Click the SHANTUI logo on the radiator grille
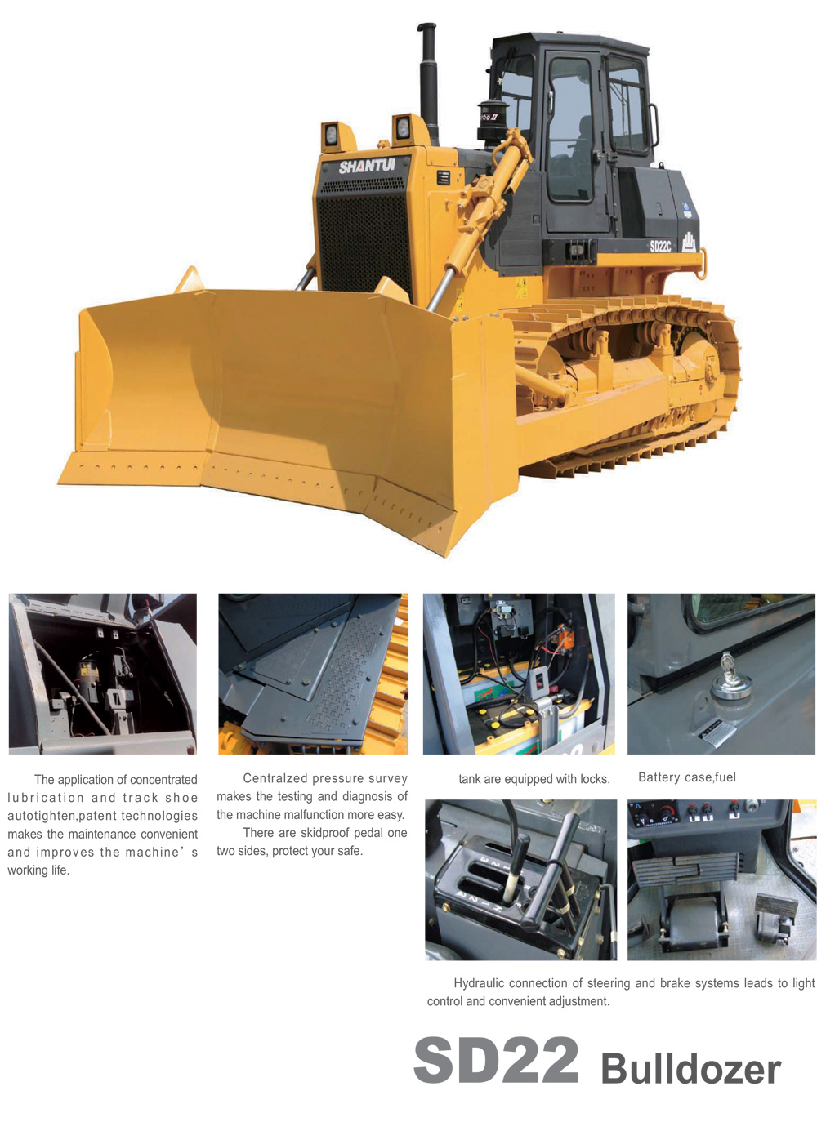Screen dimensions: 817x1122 367,167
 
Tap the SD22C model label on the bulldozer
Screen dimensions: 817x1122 660,247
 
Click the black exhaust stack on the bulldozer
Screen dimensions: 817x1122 428,82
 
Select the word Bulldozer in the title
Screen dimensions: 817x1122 690,1069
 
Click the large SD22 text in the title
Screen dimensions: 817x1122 496,1060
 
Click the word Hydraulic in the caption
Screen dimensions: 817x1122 479,984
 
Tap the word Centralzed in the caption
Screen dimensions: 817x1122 275,778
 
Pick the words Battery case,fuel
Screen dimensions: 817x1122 686,777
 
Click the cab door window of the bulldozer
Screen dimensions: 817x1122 569,129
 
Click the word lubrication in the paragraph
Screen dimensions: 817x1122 46,798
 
